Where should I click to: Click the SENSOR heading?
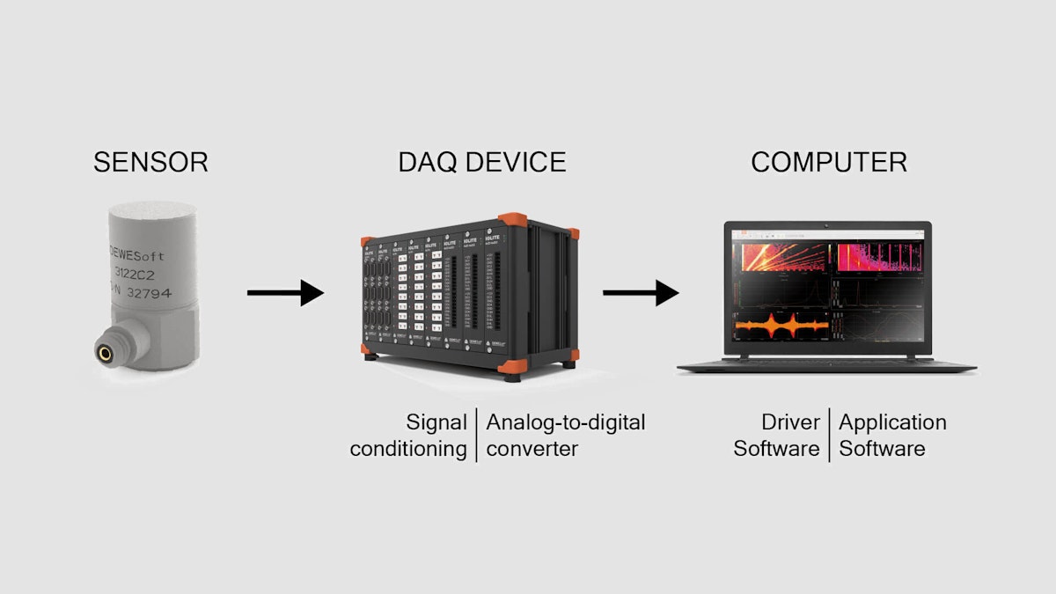(x=150, y=163)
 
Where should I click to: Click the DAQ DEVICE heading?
(x=481, y=163)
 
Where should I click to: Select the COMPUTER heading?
(x=829, y=163)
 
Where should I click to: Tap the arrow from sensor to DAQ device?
(x=285, y=292)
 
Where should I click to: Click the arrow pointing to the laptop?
(x=640, y=292)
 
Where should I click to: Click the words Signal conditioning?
(x=410, y=436)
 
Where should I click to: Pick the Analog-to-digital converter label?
(x=565, y=436)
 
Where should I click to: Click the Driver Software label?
(x=778, y=436)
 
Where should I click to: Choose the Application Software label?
(x=891, y=436)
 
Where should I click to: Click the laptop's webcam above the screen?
(x=827, y=225)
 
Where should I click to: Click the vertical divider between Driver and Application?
(x=829, y=436)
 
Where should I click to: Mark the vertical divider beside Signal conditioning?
(x=476, y=436)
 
